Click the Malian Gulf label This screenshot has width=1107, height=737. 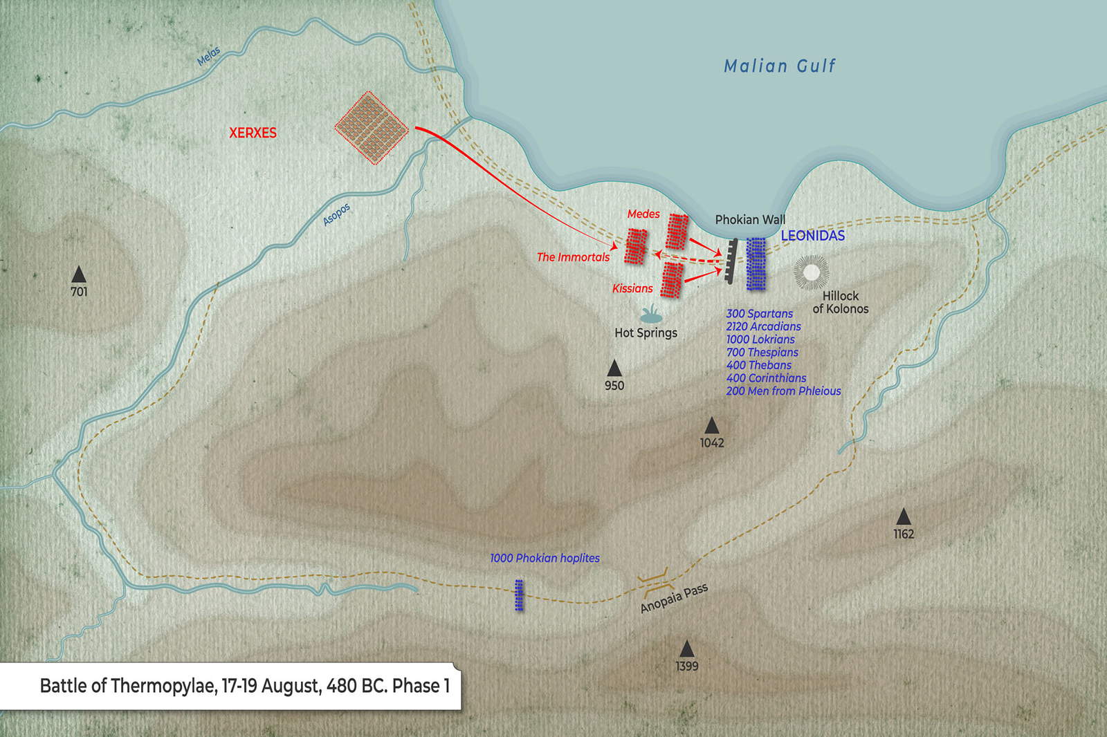[x=780, y=66]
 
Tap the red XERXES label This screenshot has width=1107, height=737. [x=253, y=133]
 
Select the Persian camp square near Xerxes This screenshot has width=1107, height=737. [x=372, y=128]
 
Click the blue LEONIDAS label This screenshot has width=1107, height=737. [x=812, y=236]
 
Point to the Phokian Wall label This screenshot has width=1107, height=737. [x=750, y=220]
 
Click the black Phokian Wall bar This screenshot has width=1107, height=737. [x=731, y=262]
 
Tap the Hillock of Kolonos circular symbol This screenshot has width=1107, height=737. [x=811, y=272]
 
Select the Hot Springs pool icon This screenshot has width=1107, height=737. [x=650, y=316]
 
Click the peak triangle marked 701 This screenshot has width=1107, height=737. [x=79, y=274]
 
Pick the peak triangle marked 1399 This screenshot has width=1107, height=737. [x=686, y=649]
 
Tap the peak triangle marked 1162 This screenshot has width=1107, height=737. [x=903, y=516]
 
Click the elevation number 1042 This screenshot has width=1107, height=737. [x=711, y=442]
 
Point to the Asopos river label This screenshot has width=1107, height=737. [x=337, y=214]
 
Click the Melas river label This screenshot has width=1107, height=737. [x=208, y=55]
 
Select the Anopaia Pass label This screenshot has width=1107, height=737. [x=673, y=598]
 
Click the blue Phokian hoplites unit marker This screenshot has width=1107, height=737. [x=519, y=595]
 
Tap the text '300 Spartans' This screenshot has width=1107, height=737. [x=759, y=314]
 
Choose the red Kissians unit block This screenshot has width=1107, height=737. [x=671, y=280]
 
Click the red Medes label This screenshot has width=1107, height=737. [x=643, y=214]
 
